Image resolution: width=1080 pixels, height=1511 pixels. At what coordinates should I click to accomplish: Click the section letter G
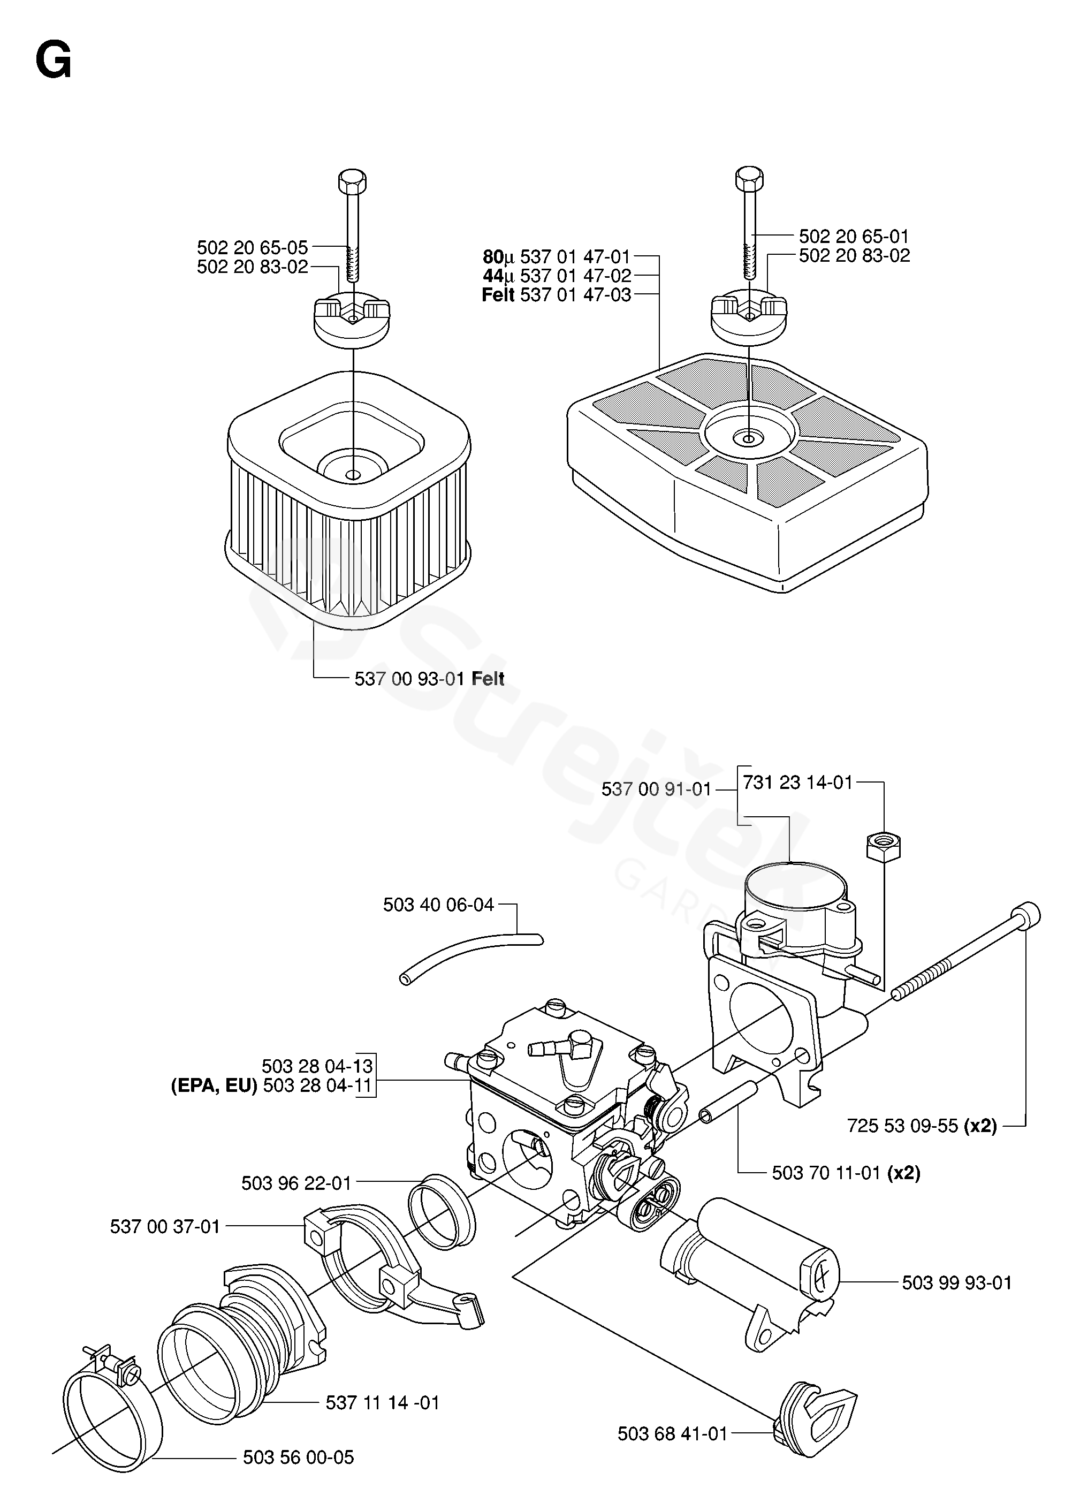[53, 64]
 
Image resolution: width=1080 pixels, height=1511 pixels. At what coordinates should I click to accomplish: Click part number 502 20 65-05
[252, 248]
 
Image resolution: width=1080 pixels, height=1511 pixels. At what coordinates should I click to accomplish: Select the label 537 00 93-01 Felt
[429, 679]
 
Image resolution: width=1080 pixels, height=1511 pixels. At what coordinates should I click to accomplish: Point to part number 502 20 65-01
[853, 236]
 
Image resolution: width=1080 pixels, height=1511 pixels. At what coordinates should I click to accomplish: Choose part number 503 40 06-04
[438, 905]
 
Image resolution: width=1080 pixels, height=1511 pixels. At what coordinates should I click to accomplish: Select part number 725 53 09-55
[902, 1126]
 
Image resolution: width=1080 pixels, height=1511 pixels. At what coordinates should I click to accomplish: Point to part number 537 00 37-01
[165, 1226]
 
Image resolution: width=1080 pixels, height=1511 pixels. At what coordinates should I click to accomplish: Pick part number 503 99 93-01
[956, 1283]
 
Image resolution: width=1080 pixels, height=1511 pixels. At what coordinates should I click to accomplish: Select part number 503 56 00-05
[298, 1476]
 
